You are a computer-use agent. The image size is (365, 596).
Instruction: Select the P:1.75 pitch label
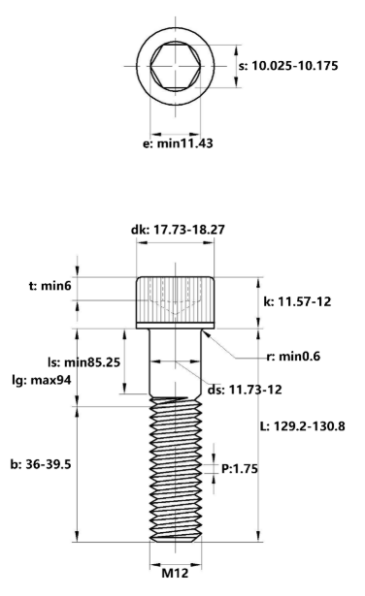(240, 468)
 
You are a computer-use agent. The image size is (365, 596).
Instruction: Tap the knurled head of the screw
(175, 300)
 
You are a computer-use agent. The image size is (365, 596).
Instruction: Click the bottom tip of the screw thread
(175, 543)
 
